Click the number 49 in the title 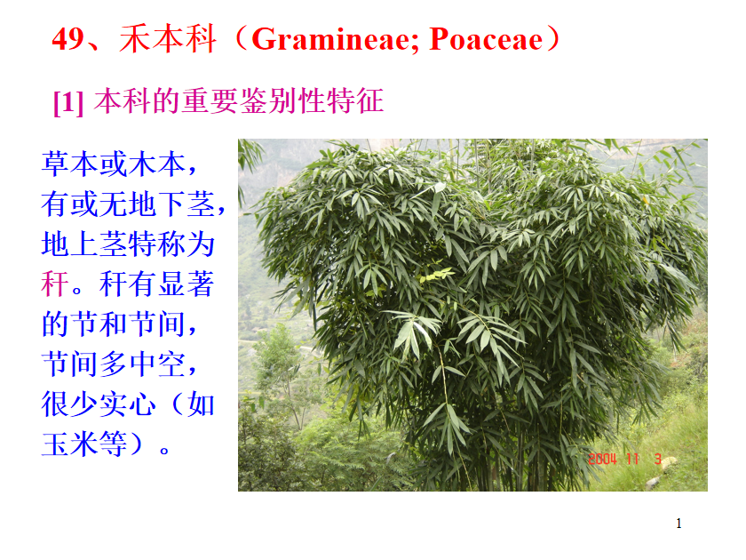68,39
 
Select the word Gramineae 335,39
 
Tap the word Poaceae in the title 486,39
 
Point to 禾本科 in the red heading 168,39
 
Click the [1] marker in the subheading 68,102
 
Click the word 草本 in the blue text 70,164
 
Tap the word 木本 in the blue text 157,164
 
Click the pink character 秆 56,284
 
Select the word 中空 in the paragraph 157,364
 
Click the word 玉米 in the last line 70,444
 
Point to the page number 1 679,524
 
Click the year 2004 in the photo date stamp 602,459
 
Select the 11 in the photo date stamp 632,459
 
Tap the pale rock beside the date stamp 669,462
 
